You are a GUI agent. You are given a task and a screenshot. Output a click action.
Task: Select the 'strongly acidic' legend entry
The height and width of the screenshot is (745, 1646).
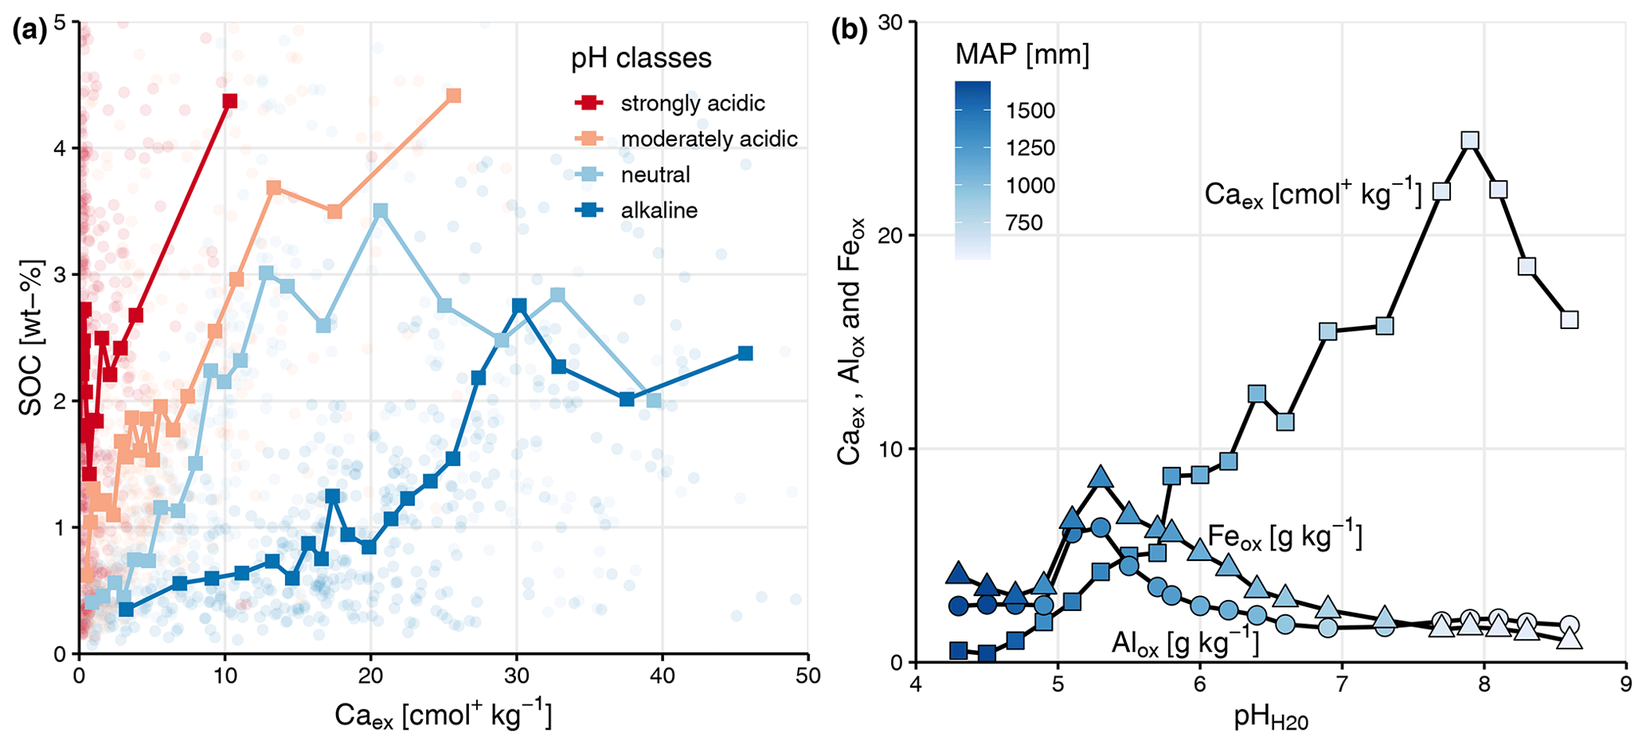[692, 104]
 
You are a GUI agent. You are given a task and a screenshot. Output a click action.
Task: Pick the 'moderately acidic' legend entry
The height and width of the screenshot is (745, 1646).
[709, 139]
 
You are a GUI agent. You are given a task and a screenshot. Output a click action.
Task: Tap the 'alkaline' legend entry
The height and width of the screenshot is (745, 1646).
[659, 211]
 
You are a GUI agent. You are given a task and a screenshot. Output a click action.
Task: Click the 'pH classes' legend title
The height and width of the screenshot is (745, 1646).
[641, 58]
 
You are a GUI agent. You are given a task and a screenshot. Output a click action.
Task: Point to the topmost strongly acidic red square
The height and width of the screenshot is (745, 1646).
[230, 101]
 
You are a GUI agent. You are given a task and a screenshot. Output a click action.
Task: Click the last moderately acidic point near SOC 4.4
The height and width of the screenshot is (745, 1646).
[454, 96]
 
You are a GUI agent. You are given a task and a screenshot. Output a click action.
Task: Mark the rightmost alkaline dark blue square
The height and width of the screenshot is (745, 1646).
[745, 353]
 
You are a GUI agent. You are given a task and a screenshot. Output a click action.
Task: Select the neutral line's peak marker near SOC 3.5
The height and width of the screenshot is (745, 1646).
[381, 210]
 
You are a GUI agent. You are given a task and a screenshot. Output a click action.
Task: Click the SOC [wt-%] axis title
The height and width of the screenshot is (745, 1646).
[30, 339]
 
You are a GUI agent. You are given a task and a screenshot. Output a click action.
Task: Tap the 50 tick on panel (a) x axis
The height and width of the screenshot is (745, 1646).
[807, 675]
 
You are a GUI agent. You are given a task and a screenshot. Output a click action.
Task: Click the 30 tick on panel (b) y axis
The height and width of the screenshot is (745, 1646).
[895, 22]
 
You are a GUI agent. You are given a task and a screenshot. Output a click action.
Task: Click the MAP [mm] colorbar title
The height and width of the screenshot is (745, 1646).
[1022, 55]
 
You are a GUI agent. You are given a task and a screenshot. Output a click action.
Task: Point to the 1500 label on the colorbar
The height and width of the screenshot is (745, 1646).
[1030, 111]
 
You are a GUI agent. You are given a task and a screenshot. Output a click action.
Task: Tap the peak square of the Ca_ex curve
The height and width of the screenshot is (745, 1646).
[1470, 141]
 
